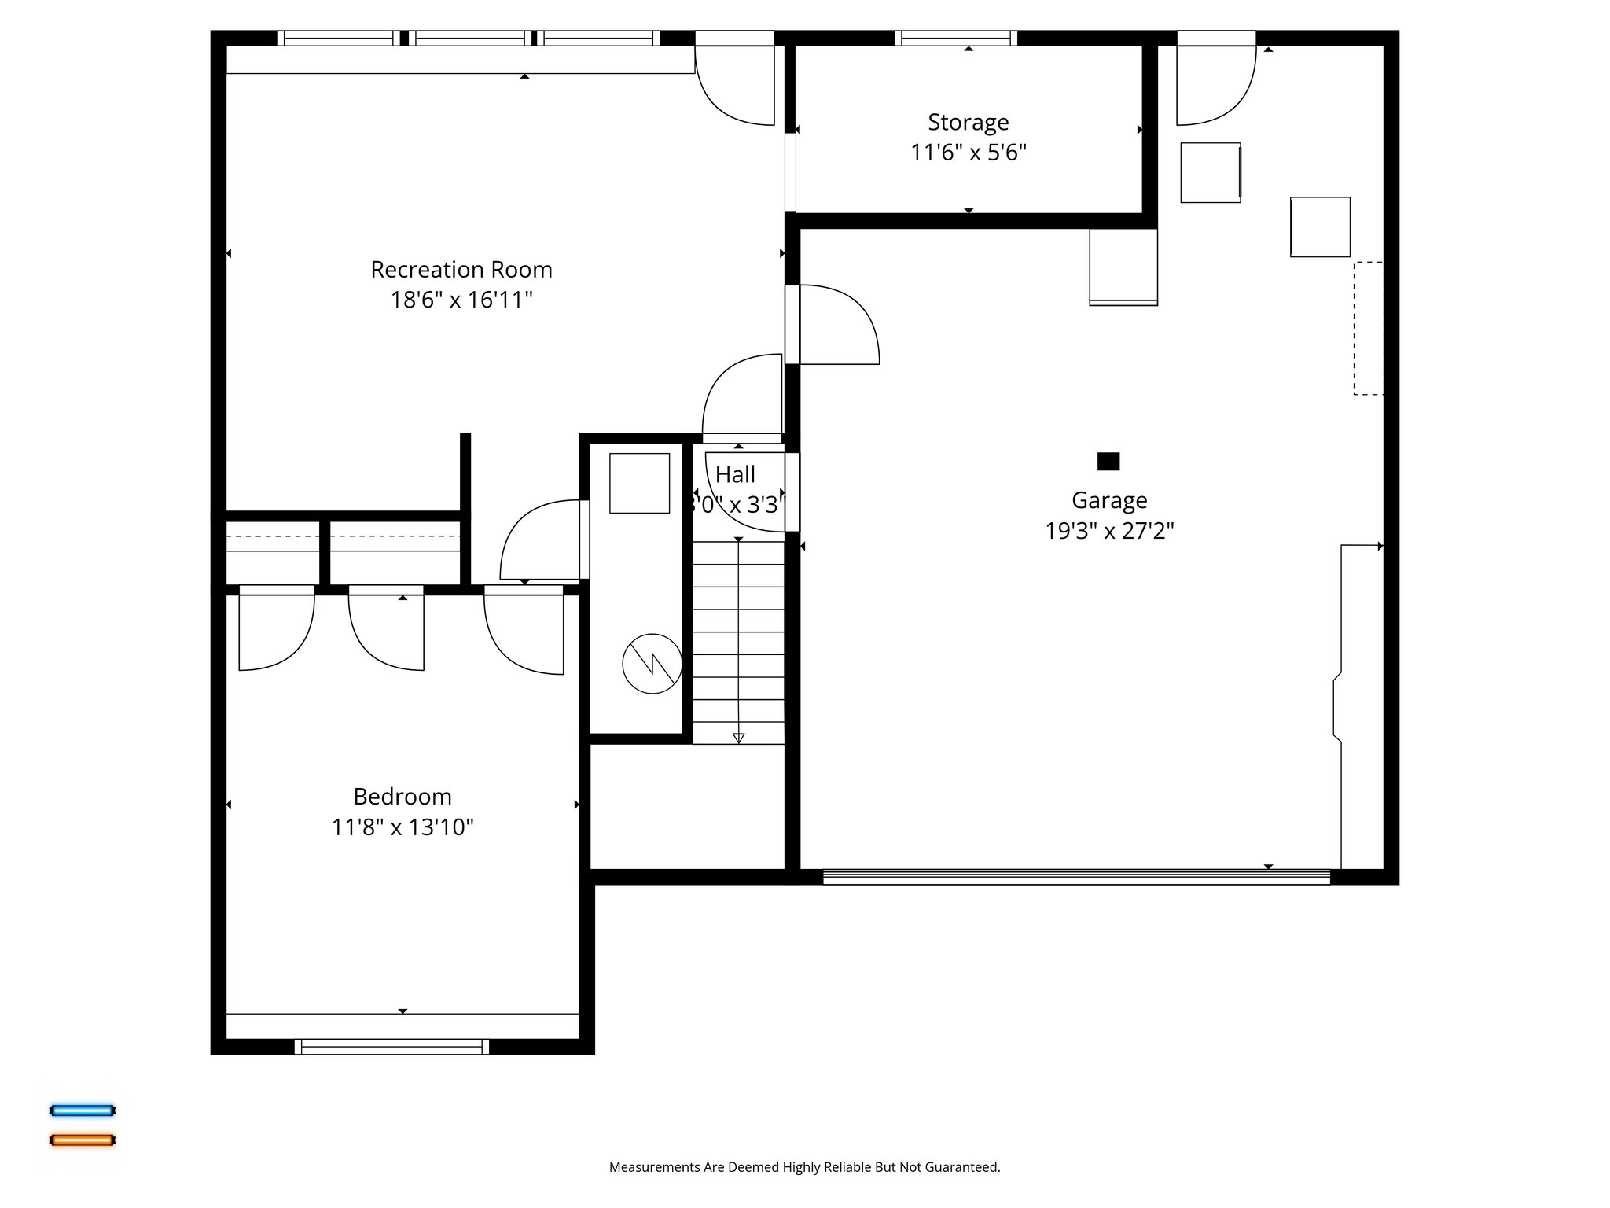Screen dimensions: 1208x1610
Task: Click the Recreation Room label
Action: click(461, 270)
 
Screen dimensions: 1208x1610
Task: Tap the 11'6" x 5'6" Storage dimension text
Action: click(969, 152)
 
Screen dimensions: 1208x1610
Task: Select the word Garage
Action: click(1109, 500)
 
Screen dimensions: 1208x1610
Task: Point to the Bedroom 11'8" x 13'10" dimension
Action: click(402, 827)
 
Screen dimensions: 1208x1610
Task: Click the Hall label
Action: click(736, 474)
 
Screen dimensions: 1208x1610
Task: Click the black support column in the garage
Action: click(1108, 461)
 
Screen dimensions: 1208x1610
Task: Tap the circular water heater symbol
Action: click(652, 664)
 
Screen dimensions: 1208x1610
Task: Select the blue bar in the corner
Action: click(83, 1110)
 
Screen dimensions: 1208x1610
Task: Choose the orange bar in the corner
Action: click(83, 1140)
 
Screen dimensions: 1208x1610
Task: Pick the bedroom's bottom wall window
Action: click(391, 1046)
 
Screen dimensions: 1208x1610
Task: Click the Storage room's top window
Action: click(955, 38)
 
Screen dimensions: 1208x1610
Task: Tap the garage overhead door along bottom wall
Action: click(1076, 876)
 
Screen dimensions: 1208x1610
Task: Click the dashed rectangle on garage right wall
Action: click(1368, 328)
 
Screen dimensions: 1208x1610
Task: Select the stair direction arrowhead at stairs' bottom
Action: click(738, 738)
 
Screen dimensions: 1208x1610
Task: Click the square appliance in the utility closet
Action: click(639, 483)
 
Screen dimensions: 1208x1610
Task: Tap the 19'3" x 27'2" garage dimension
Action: click(1109, 531)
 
